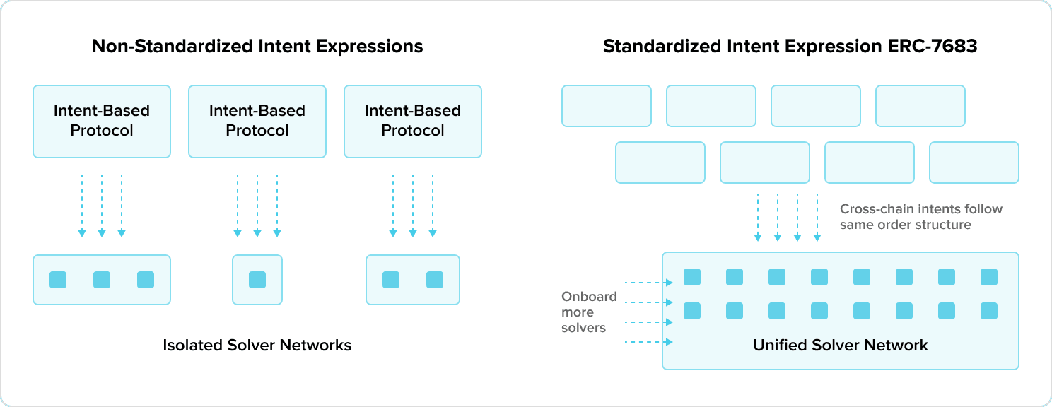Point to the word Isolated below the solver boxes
coord(194,346)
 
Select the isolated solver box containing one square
coord(257,280)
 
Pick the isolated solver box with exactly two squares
coord(413,280)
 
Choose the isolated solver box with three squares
coord(102,280)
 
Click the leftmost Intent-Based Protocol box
coord(102,121)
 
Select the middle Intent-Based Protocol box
coord(257,121)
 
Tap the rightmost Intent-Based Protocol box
coord(413,121)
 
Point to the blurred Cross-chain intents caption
coord(920,217)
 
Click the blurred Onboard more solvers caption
coord(587,312)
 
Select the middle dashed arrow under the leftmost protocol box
coord(102,205)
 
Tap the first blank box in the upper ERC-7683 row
coord(607,106)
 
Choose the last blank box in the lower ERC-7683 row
coord(974,163)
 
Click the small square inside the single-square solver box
coord(257,280)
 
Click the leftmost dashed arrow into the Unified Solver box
coord(758,216)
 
